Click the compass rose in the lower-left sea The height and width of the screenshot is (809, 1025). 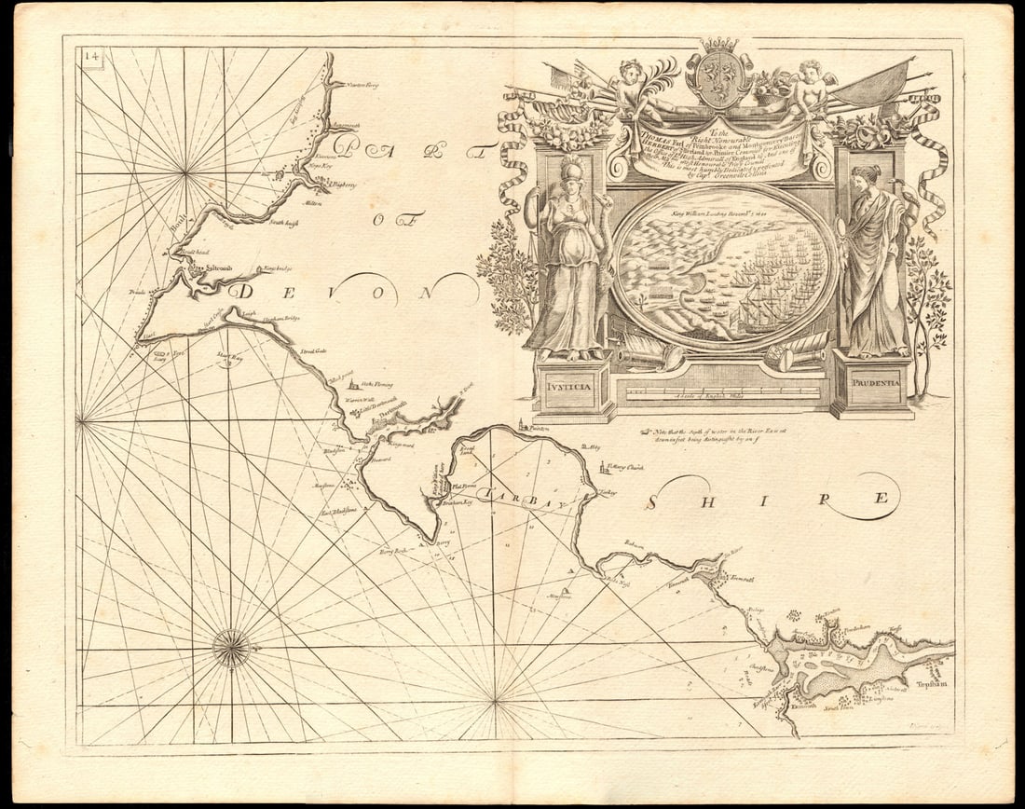[x=230, y=648]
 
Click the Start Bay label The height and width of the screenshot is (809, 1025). [x=229, y=356]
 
